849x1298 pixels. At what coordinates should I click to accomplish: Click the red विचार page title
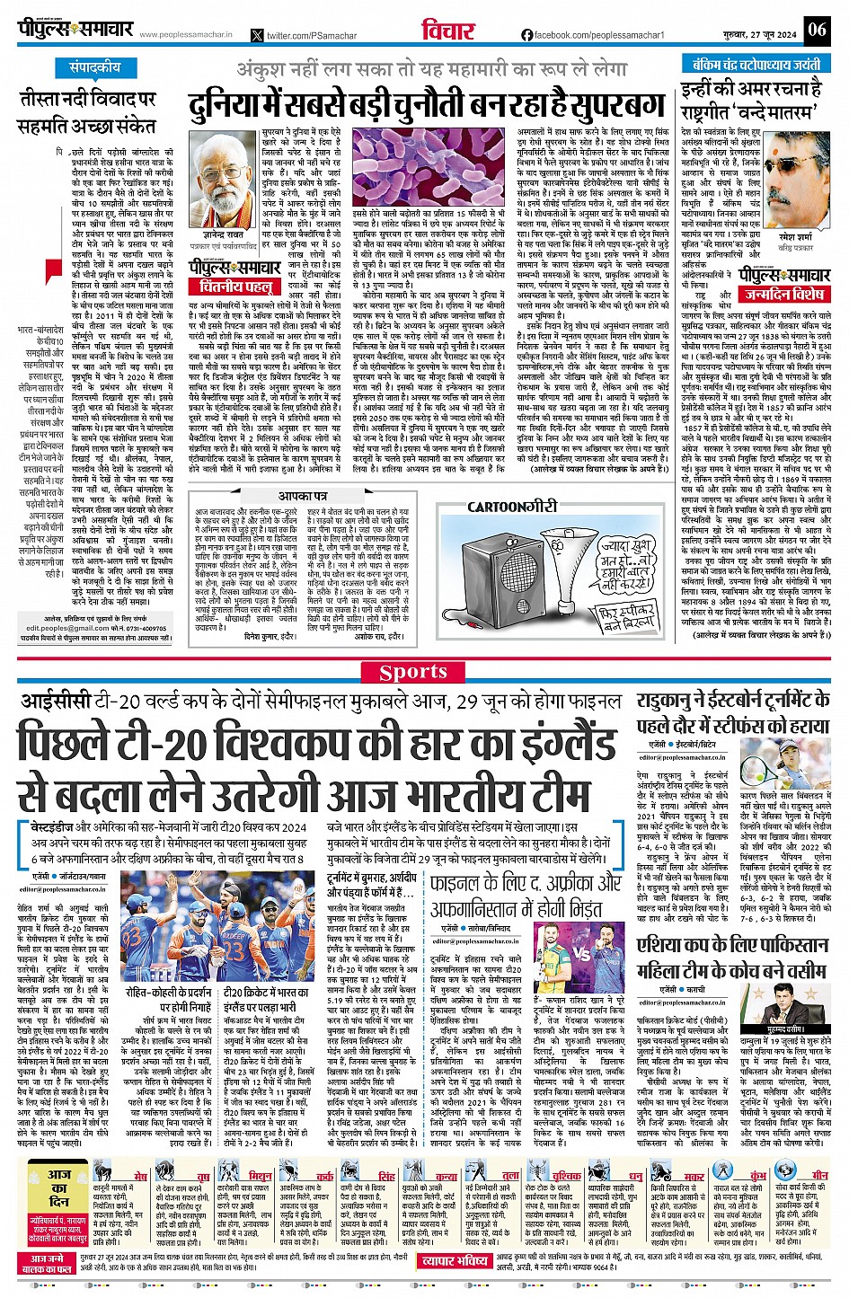[x=447, y=31]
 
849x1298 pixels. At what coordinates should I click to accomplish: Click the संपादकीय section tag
[x=95, y=67]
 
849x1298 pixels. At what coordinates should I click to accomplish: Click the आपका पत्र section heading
[x=302, y=496]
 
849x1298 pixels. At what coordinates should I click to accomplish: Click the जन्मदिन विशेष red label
[x=783, y=294]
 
